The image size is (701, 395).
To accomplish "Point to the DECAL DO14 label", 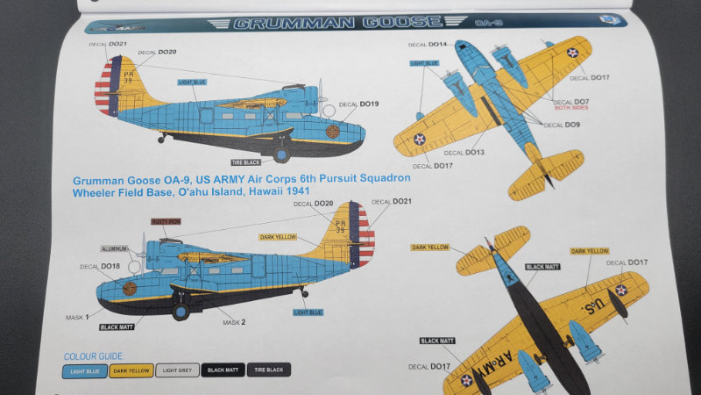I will (x=428, y=44).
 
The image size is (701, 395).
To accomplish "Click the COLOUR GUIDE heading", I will (x=95, y=356).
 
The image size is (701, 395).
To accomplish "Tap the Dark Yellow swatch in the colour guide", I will (x=131, y=370).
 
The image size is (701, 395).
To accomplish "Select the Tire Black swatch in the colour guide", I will (x=268, y=370).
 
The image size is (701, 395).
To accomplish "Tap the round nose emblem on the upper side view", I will (x=334, y=133).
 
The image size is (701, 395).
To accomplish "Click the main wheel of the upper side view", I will (x=282, y=154).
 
